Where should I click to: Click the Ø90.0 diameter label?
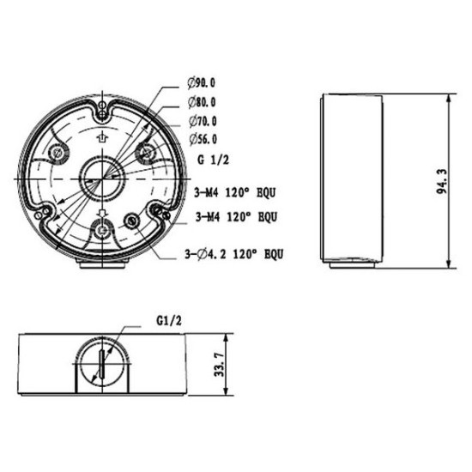(202, 82)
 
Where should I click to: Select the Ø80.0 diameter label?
(202, 102)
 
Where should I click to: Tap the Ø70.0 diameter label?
(203, 121)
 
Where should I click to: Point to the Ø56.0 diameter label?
(203, 139)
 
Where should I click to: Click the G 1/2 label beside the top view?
(213, 160)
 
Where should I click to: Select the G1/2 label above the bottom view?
(169, 321)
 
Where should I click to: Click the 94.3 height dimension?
(442, 182)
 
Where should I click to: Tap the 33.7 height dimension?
(219, 365)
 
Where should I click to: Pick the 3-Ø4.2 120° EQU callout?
(234, 254)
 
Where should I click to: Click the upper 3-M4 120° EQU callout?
(235, 192)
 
